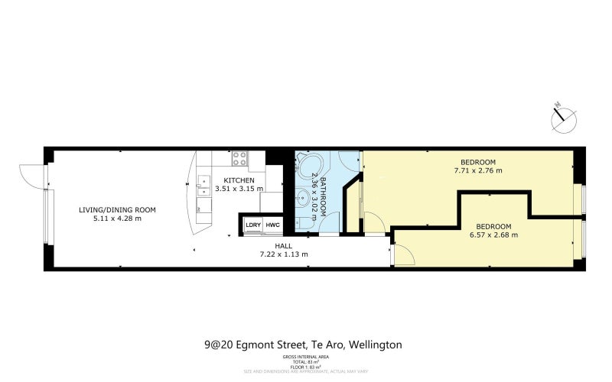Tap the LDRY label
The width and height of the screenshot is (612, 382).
click(x=252, y=225)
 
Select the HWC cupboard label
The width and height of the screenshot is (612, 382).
click(x=272, y=225)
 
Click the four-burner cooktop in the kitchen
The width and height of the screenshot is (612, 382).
click(x=239, y=160)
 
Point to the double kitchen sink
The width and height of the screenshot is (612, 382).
click(x=203, y=183)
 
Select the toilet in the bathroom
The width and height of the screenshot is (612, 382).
click(x=306, y=222)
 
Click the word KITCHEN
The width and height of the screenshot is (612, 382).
click(x=239, y=180)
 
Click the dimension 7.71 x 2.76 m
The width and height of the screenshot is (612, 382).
click(x=477, y=170)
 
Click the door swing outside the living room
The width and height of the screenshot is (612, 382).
click(x=31, y=176)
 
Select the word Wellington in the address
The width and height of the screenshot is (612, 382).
click(x=375, y=345)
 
